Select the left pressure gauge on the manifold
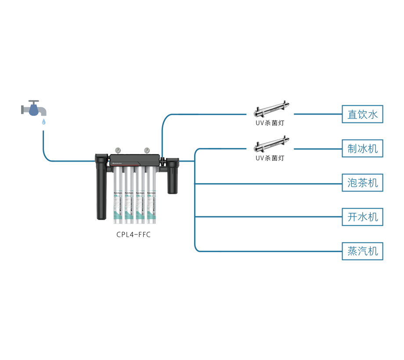[x=118, y=150]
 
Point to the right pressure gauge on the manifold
[x=145, y=150]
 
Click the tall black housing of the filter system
[x=101, y=189]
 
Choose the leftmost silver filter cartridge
[x=117, y=193]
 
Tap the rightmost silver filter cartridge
[x=151, y=193]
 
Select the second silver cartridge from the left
[x=129, y=193]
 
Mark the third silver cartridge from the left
[x=140, y=193]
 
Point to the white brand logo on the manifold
[x=119, y=162]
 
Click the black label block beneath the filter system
[x=135, y=244]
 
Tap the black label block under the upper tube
[x=270, y=125]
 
